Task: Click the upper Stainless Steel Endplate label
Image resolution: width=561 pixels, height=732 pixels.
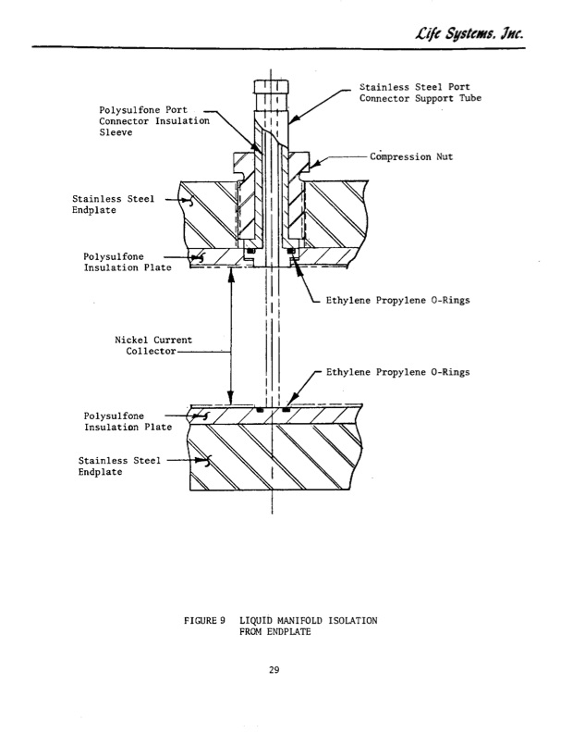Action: [105, 203]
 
